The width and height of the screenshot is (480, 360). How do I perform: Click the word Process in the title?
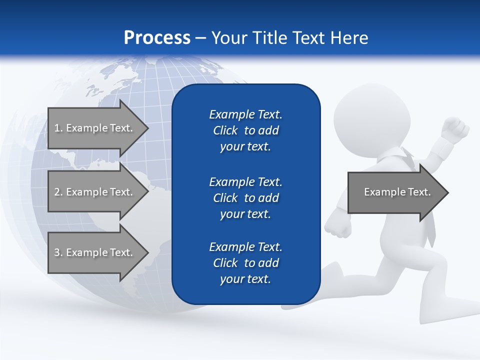coord(157,38)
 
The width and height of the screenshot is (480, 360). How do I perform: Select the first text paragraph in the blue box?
coord(245,130)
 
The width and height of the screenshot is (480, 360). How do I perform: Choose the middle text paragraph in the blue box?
coord(245,198)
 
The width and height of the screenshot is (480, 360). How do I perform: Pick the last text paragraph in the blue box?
coord(245,263)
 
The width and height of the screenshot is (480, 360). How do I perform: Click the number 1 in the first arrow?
coord(57,128)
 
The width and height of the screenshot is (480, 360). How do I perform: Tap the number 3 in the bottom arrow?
coord(57,252)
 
